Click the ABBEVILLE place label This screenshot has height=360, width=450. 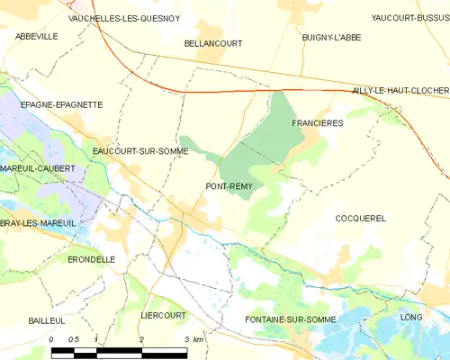click(x=36, y=36)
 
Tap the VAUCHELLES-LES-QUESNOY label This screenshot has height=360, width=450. click(x=125, y=18)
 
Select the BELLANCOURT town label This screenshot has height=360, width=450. click(x=213, y=42)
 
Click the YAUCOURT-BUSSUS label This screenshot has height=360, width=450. click(x=409, y=17)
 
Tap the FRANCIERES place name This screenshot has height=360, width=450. click(x=318, y=122)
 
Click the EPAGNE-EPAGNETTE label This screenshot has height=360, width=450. click(x=54, y=104)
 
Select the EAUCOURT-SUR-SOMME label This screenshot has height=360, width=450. click(x=140, y=151)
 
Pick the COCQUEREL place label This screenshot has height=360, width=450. click(x=360, y=219)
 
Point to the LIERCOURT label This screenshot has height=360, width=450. click(x=163, y=316)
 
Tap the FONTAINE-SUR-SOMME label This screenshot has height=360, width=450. click(x=290, y=319)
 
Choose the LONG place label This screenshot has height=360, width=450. click(x=410, y=318)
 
